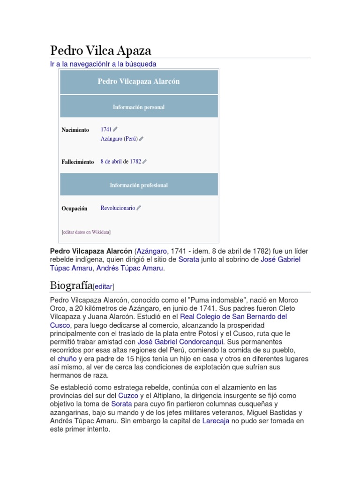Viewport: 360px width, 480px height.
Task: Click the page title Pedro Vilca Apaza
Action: pyautogui.click(x=100, y=51)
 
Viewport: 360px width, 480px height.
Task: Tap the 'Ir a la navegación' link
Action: pyautogui.click(x=77, y=64)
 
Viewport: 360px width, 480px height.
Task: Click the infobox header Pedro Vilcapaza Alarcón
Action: pyautogui.click(x=139, y=82)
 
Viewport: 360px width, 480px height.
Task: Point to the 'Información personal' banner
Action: pyautogui.click(x=139, y=107)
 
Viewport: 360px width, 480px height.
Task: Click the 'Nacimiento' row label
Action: pyautogui.click(x=75, y=130)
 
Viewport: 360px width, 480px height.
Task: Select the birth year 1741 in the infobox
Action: pyautogui.click(x=106, y=129)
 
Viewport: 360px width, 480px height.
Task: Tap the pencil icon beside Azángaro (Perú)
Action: pyautogui.click(x=142, y=139)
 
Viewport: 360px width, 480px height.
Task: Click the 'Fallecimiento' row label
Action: pyautogui.click(x=78, y=162)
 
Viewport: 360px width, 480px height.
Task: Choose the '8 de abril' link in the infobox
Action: pyautogui.click(x=111, y=161)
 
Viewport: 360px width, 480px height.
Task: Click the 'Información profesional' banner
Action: pyautogui.click(x=139, y=185)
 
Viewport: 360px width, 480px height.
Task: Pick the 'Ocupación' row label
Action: pyautogui.click(x=75, y=209)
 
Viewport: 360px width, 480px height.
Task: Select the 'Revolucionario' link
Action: pyautogui.click(x=118, y=208)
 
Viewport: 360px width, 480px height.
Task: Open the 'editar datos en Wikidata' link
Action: pyautogui.click(x=86, y=232)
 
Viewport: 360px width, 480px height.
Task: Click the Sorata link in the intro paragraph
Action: pyautogui.click(x=189, y=259)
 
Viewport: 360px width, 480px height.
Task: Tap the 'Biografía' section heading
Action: pyautogui.click(x=71, y=285)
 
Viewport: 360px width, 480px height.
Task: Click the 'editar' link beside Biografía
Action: pyautogui.click(x=104, y=286)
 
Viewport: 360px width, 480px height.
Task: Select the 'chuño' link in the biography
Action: pyautogui.click(x=67, y=359)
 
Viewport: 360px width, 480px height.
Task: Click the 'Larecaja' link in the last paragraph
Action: pyautogui.click(x=217, y=421)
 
